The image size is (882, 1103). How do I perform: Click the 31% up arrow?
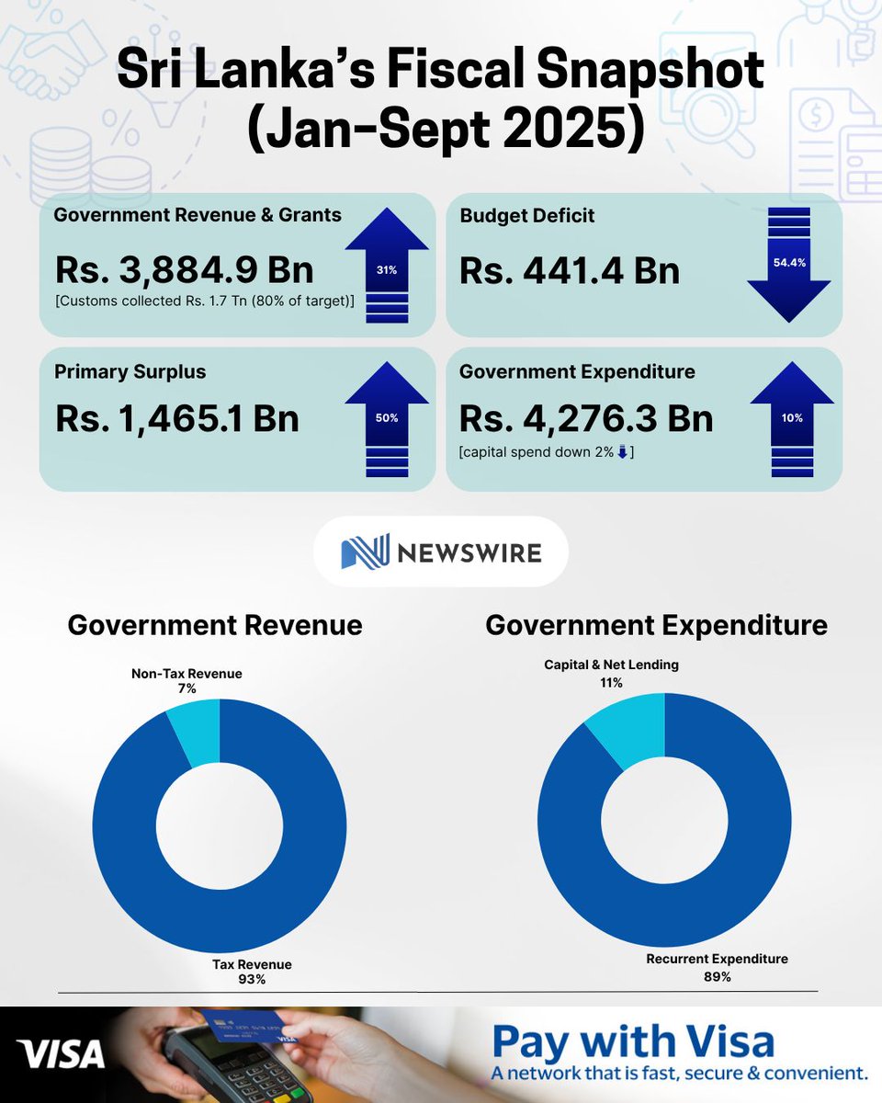click(387, 267)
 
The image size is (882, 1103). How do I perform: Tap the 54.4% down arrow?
click(789, 265)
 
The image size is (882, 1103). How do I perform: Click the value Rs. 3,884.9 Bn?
click(184, 270)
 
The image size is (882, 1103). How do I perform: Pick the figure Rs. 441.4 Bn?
click(570, 271)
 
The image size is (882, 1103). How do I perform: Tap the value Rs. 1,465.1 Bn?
click(177, 418)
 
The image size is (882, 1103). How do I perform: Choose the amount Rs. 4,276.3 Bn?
click(586, 418)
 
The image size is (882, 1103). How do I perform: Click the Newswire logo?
click(441, 551)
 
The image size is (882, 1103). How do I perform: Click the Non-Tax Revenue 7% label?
click(187, 681)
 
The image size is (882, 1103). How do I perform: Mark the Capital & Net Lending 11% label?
click(611, 673)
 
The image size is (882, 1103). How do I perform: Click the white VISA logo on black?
click(62, 1054)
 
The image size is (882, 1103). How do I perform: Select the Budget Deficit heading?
click(526, 216)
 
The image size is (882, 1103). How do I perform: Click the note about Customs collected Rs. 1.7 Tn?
click(205, 301)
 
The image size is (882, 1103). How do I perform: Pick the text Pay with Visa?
click(633, 1042)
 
